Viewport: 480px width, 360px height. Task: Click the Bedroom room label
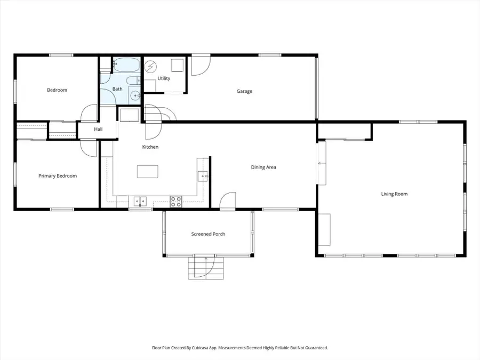click(x=57, y=90)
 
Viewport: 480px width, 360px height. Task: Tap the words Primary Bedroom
click(x=58, y=176)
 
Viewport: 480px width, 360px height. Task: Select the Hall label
click(x=98, y=129)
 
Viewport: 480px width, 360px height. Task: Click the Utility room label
click(x=164, y=78)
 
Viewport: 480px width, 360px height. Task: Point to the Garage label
click(x=244, y=91)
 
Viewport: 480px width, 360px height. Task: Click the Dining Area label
click(x=263, y=167)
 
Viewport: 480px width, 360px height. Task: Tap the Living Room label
click(x=394, y=194)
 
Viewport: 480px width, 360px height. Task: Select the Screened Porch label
click(x=208, y=234)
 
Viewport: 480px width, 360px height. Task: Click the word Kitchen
click(x=150, y=147)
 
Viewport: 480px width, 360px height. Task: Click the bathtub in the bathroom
click(x=126, y=65)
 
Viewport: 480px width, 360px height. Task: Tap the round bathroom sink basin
click(x=135, y=96)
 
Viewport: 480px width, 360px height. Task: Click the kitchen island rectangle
click(x=148, y=171)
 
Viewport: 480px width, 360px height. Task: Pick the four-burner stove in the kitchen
click(x=175, y=201)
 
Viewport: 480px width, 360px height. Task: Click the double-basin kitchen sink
click(x=140, y=201)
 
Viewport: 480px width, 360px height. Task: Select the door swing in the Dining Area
click(x=228, y=199)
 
